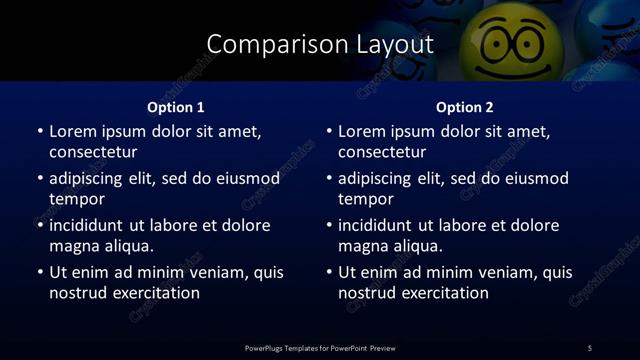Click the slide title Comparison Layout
click(319, 45)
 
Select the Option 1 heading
click(176, 107)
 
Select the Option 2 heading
click(465, 107)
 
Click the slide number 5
click(589, 348)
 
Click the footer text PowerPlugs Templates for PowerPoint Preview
click(320, 348)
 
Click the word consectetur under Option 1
click(93, 152)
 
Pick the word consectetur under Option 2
click(382, 152)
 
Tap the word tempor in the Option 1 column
click(76, 199)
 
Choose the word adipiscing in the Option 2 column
click(378, 178)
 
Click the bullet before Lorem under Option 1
click(40, 131)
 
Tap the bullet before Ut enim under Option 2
click(329, 272)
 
